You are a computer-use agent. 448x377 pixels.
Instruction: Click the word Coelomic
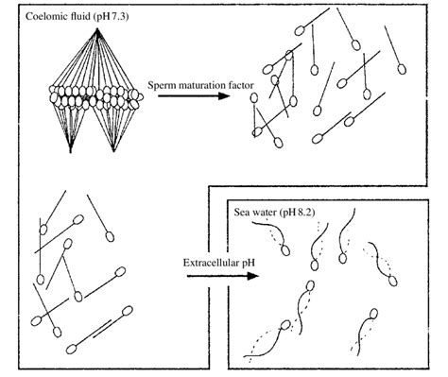point(42,18)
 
